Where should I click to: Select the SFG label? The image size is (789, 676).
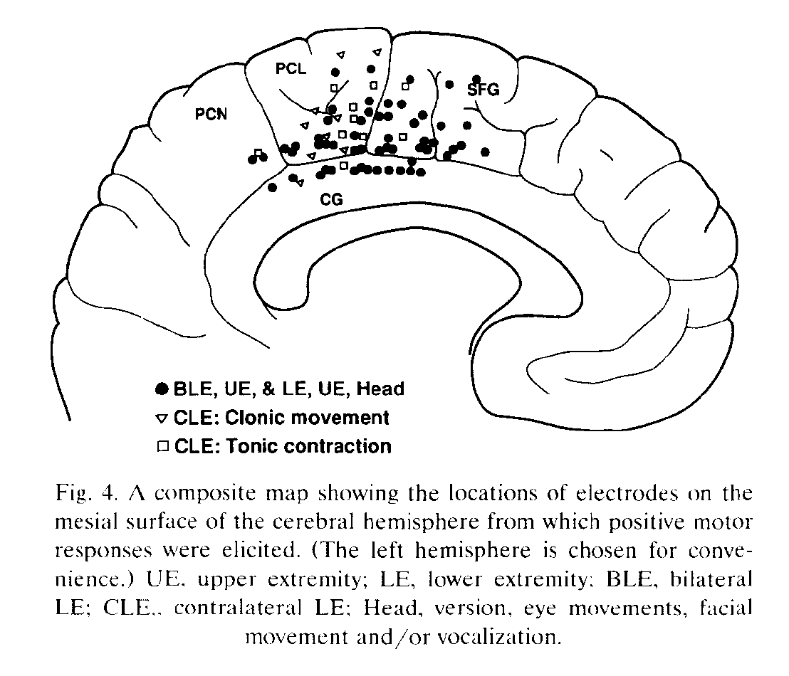(x=484, y=90)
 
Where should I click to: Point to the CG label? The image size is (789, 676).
(x=332, y=200)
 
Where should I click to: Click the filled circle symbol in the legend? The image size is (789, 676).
(x=162, y=389)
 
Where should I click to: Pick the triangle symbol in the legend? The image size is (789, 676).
(x=161, y=418)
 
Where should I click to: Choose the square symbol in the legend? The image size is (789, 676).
(x=162, y=446)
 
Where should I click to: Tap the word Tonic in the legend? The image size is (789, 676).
(x=258, y=446)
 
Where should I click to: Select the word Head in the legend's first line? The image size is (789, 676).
(x=381, y=389)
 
